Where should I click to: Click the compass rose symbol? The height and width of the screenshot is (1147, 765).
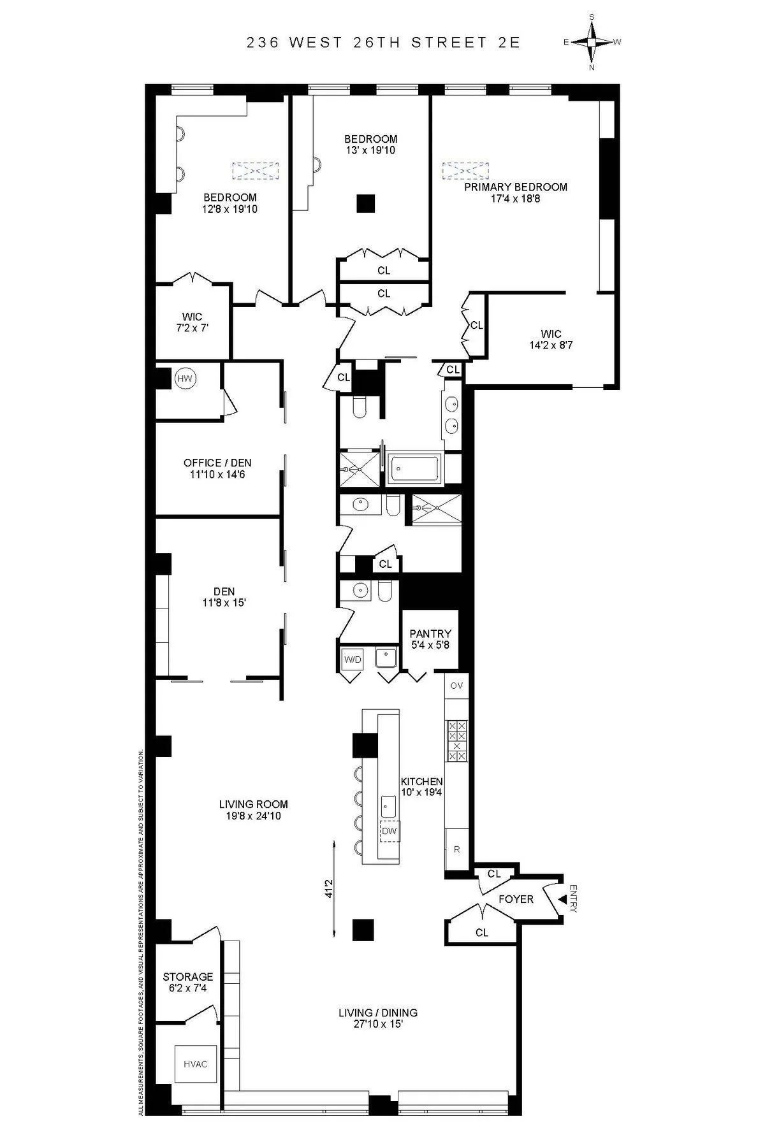tap(592, 42)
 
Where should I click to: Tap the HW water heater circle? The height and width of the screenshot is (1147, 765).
tap(185, 379)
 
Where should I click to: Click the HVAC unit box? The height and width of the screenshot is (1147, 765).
tap(196, 1064)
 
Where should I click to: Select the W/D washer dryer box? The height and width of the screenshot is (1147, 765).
tap(353, 659)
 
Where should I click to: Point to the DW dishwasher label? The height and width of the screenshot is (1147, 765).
tap(389, 831)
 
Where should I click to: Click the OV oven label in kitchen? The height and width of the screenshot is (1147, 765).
tap(456, 686)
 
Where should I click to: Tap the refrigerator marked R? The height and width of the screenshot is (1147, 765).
tap(456, 849)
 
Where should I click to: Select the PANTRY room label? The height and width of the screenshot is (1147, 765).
tap(430, 633)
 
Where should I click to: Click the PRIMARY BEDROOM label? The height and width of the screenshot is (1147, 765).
tap(515, 187)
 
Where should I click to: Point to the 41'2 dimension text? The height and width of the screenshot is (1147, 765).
tap(329, 889)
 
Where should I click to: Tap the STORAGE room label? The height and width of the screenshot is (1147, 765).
tap(187, 976)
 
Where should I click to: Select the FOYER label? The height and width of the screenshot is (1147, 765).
tap(516, 899)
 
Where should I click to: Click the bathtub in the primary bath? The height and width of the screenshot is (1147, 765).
tap(412, 469)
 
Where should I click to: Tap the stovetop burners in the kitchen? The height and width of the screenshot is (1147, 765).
tap(456, 740)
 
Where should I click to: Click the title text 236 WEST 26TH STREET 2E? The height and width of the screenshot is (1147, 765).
tap(384, 43)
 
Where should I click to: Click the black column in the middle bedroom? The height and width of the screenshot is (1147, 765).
tap(366, 203)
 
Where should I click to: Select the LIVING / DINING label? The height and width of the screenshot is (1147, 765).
tap(377, 1013)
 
